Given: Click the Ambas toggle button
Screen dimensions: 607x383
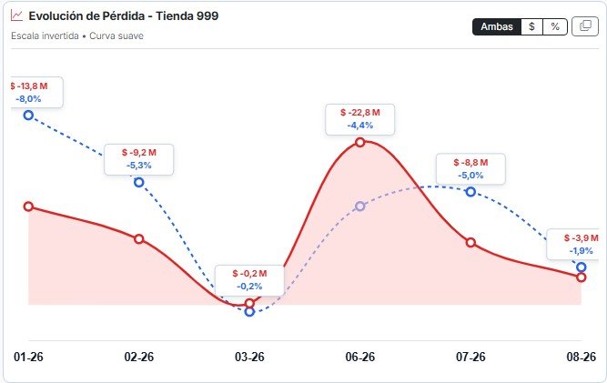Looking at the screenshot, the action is [497, 26].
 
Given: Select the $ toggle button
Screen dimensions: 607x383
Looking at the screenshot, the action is [531, 26].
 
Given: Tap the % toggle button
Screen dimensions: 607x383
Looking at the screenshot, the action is [555, 26].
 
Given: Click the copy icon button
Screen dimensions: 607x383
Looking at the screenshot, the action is [585, 26].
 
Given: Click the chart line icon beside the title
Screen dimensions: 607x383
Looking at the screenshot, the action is [16, 15].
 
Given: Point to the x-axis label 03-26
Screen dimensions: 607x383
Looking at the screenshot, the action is [249, 357].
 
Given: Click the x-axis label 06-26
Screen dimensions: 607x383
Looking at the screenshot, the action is [360, 357].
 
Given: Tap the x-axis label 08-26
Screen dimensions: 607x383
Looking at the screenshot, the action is [581, 357].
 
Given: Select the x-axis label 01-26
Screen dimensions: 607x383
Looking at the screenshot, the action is [28, 357].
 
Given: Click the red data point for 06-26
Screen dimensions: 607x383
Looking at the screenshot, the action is [360, 142].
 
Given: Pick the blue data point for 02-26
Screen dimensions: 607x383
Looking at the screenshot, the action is [139, 182].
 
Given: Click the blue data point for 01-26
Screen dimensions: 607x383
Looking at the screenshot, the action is [28, 115].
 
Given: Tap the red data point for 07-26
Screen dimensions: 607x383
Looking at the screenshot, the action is [470, 243].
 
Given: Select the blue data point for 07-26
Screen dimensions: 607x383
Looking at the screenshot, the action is [470, 192].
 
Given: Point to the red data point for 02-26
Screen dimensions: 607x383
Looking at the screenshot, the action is [139, 239].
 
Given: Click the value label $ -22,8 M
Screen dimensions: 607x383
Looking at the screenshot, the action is [360, 113].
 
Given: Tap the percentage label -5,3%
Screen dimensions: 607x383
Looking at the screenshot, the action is [139, 166].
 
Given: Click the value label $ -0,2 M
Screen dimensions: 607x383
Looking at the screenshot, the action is [249, 274].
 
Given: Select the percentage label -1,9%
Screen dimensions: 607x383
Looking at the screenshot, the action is [581, 251].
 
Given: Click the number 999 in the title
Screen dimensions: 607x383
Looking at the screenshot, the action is [207, 15].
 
